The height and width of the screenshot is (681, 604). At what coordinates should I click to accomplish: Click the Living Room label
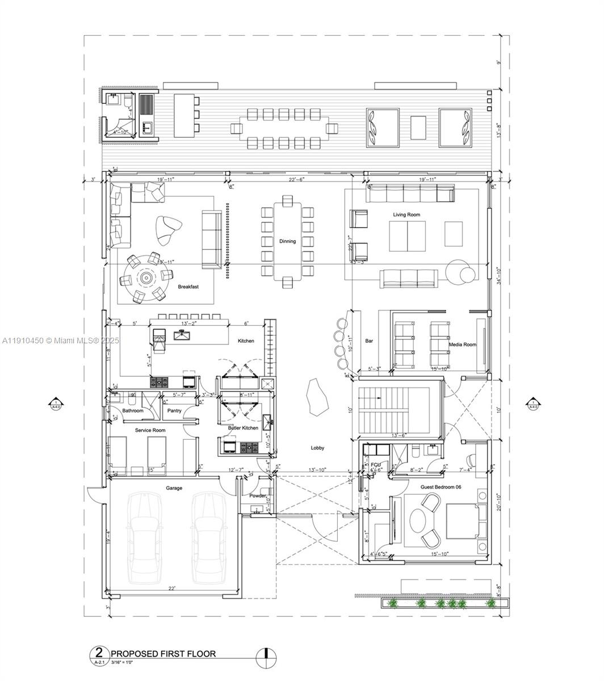406,215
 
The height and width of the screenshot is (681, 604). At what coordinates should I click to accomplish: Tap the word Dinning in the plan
287,241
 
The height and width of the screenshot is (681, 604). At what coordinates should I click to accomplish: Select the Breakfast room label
188,287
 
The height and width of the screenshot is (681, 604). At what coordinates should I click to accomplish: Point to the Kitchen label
246,340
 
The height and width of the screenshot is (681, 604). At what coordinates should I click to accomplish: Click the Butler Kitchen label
243,428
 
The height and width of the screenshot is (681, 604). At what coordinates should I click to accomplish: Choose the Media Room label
462,344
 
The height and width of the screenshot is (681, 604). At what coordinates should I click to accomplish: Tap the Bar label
369,341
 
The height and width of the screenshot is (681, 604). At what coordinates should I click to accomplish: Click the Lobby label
317,448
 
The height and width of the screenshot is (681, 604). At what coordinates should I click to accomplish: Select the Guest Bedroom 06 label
441,487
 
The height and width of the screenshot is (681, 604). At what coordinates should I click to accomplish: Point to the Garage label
174,488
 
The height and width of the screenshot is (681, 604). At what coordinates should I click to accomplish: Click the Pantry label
174,410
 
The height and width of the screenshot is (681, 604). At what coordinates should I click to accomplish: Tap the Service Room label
150,430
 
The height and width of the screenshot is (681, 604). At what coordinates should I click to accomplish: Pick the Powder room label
258,495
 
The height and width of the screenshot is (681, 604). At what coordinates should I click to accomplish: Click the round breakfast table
146,278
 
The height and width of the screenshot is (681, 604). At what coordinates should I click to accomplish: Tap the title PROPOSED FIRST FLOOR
163,653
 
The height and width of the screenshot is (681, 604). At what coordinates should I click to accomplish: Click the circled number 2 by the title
99,653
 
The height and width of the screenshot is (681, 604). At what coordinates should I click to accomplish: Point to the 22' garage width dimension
171,589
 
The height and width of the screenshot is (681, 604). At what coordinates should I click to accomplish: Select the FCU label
375,464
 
